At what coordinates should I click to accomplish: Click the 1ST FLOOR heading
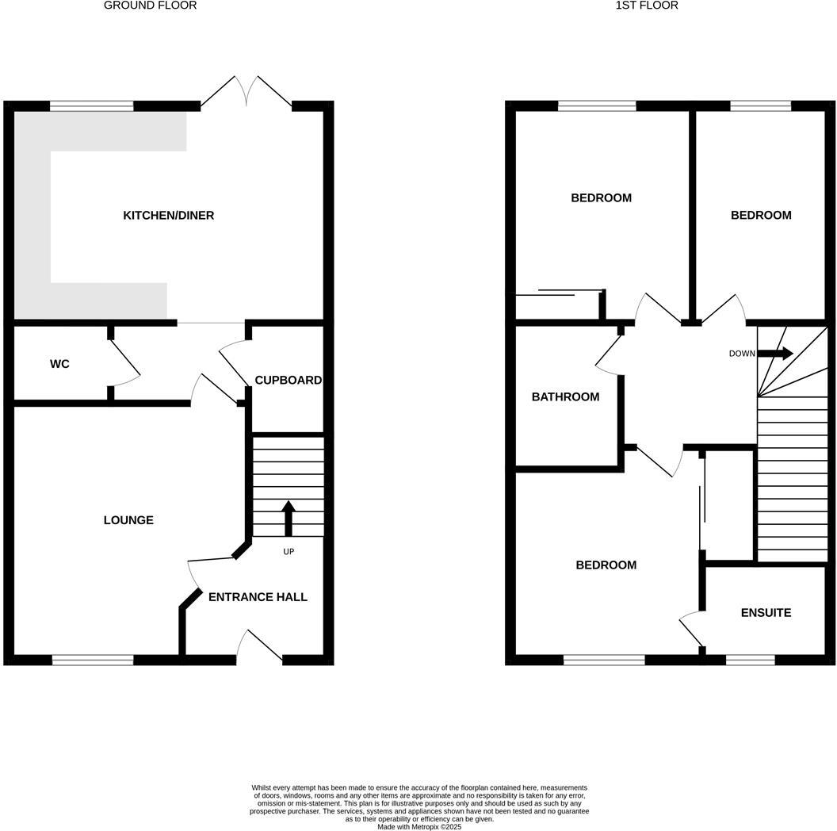[x=647, y=6]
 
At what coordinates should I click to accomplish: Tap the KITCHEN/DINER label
[x=168, y=216]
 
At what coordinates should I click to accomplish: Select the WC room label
[x=59, y=364]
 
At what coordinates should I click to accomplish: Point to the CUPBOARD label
[x=288, y=381]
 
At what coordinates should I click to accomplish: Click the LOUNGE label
[x=128, y=520]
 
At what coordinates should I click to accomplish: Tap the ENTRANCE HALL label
[x=258, y=597]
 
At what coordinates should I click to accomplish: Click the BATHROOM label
[x=565, y=396]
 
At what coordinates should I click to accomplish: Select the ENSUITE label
[x=766, y=613]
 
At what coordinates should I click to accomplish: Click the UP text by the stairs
[x=289, y=551]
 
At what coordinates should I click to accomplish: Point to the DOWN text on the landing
[x=742, y=354]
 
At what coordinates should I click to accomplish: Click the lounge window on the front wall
[x=93, y=660]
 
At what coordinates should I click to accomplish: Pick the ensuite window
[x=750, y=660]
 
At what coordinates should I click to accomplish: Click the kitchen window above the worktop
[x=92, y=105]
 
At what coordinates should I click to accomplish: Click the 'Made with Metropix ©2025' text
[x=418, y=827]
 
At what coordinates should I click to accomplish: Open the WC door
[x=125, y=364]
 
